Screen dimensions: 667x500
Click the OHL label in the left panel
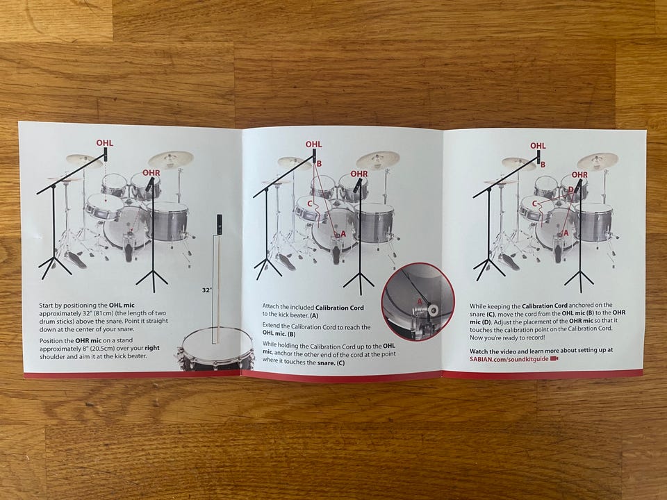105,143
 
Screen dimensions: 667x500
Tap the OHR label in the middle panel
359,174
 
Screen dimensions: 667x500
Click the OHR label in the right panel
579,175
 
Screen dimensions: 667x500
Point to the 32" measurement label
207,290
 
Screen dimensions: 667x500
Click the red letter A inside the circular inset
418,301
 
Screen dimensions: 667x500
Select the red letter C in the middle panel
310,204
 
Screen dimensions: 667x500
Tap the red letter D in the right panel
571,189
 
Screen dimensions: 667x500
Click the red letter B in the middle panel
319,164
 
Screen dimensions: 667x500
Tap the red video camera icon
554,359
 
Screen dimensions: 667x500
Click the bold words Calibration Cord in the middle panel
340,308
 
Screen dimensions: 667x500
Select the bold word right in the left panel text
152,348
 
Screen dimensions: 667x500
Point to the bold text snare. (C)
331,362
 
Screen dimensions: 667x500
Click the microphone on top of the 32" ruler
219,224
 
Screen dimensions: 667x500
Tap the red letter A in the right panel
566,233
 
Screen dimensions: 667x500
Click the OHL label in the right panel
538,146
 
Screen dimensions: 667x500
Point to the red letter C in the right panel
535,203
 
